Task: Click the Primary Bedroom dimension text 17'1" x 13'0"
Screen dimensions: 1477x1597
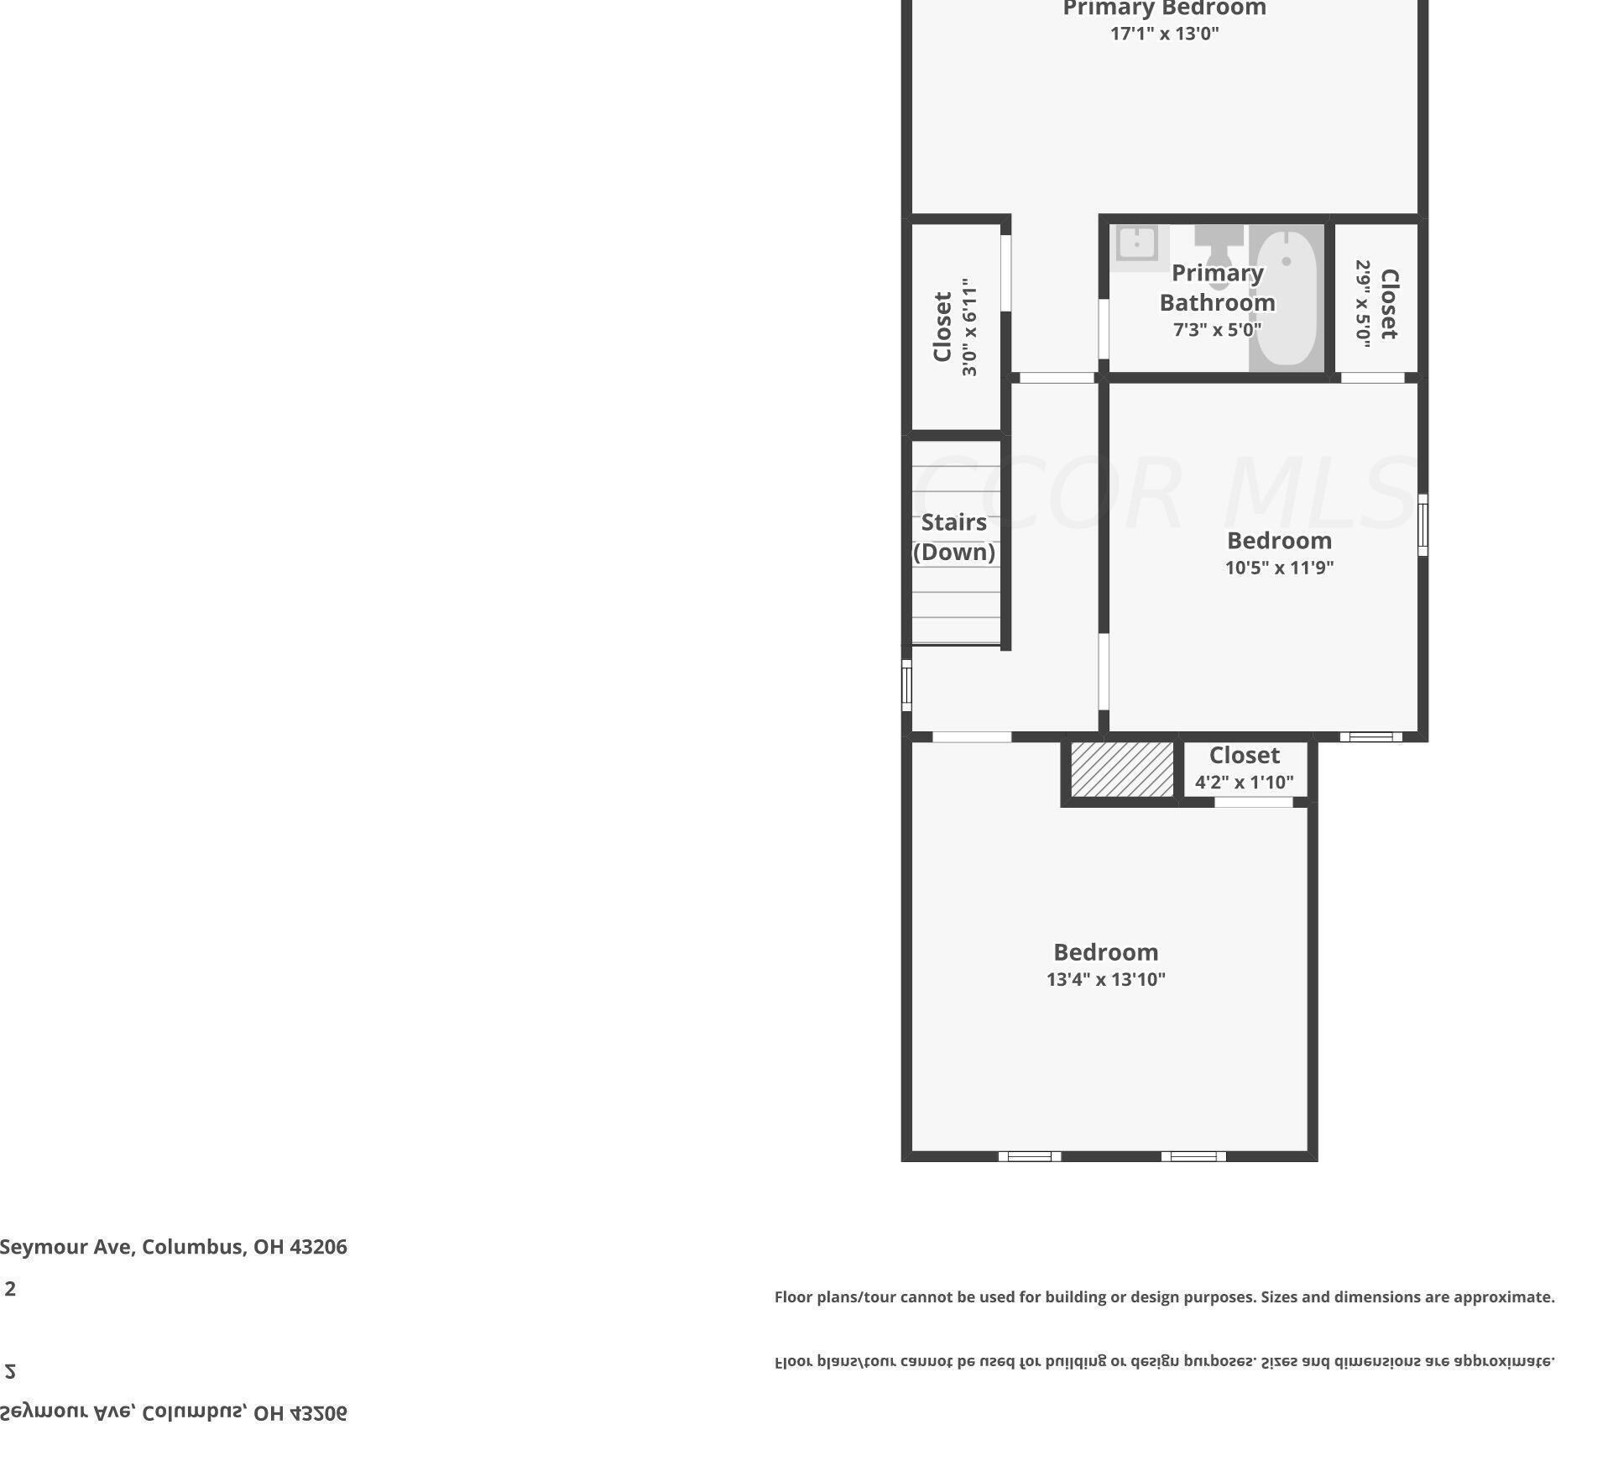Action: [x=1164, y=34]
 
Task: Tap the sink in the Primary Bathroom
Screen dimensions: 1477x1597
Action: [x=1136, y=244]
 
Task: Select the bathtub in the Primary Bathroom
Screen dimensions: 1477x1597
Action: [x=1286, y=299]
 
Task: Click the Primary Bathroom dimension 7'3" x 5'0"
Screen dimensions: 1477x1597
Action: [x=1217, y=330]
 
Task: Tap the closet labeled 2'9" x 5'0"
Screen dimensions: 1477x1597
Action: [x=1376, y=302]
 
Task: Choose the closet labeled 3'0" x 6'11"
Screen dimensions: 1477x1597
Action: [x=955, y=327]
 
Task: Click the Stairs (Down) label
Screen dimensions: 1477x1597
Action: [x=954, y=537]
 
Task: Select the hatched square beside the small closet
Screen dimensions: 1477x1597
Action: [x=1122, y=769]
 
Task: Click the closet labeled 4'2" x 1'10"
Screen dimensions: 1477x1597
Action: [x=1244, y=768]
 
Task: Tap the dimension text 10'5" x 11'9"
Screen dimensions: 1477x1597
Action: [x=1279, y=568]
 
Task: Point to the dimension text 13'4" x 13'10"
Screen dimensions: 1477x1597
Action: [x=1105, y=979]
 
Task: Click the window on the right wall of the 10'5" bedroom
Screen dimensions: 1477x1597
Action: [x=1422, y=525]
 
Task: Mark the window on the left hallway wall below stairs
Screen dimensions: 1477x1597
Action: [x=906, y=685]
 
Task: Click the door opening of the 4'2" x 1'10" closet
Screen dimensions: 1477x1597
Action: [x=1254, y=802]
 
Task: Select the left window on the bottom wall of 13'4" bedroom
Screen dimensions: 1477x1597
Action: [x=1029, y=1156]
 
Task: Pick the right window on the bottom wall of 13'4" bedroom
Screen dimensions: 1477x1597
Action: [x=1193, y=1156]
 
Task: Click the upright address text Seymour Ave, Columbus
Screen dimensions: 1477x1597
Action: [x=174, y=1247]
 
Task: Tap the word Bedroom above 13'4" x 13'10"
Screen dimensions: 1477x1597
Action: [x=1105, y=952]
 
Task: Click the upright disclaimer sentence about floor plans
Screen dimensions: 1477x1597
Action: [x=1164, y=1297]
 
